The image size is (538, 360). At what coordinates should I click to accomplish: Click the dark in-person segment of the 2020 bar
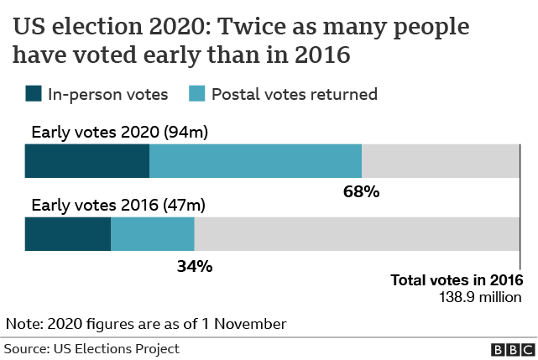pos(87,160)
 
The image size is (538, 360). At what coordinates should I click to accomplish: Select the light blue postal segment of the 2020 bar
pos(255,160)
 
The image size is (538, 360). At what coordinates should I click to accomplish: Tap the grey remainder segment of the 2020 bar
pos(441,160)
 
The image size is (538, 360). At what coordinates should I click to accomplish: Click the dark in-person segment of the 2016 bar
pos(68,234)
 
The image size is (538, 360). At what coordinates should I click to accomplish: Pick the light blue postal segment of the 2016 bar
pos(153,234)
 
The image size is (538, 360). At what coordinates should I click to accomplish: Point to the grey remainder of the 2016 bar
pos(357,234)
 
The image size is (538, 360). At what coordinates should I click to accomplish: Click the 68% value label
pos(362,192)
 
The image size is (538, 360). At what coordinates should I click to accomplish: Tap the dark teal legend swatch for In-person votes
pos(34,94)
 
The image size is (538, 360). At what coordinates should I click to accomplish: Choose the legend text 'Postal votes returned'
pos(293,94)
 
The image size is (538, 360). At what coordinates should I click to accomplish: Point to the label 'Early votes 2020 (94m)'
pos(119,132)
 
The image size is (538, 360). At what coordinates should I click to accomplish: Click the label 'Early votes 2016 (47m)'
pos(118,205)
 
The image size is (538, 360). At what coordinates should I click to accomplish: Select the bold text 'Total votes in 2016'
pos(457,280)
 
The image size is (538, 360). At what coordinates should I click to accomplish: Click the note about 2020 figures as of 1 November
pos(146,323)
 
